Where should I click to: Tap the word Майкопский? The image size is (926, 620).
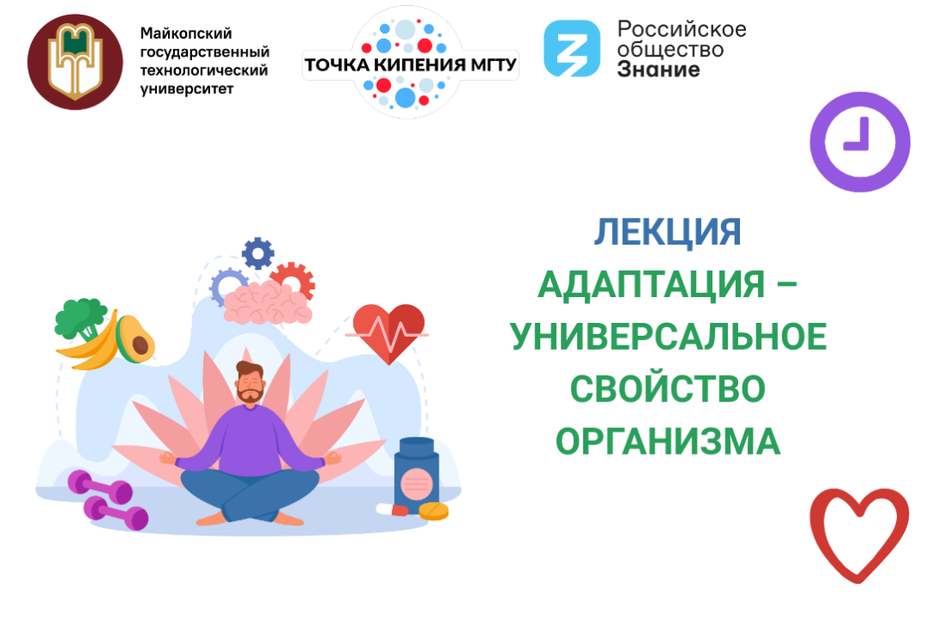[175, 34]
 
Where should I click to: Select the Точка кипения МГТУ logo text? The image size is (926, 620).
[410, 62]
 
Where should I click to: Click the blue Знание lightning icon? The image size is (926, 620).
[571, 49]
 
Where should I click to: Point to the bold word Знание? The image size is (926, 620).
[658, 70]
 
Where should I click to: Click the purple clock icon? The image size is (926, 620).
[859, 141]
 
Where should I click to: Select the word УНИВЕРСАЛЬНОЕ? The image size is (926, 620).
[668, 337]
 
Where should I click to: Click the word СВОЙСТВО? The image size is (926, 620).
[668, 389]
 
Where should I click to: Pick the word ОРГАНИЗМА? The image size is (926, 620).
[668, 442]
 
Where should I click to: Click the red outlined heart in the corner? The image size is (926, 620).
[859, 532]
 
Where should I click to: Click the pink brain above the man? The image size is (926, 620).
[267, 302]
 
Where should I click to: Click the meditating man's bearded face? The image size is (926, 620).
[251, 382]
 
